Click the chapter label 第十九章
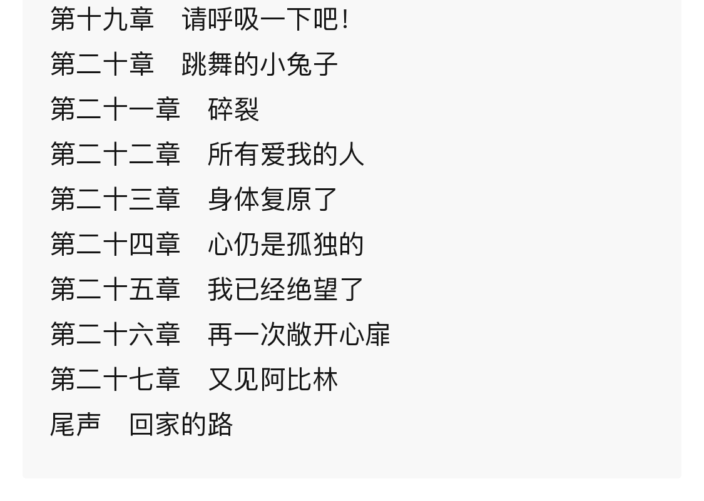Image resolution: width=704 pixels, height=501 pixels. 102,19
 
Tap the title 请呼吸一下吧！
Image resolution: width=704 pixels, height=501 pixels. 265,19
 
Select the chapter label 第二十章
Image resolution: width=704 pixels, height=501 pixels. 102,64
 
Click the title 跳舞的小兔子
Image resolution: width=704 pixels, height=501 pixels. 260,64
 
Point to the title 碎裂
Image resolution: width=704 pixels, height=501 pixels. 233,109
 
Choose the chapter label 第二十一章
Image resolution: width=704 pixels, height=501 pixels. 115,109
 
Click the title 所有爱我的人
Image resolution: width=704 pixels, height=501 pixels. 286,154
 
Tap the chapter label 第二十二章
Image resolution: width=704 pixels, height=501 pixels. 115,154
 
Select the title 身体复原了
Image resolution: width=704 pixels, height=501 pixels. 273,200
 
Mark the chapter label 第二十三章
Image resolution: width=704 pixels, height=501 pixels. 115,200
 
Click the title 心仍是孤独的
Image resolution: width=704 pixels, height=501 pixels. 286,245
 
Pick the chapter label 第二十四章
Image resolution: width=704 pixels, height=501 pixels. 115,245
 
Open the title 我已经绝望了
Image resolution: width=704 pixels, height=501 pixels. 286,290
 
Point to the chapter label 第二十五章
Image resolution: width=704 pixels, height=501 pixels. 115,290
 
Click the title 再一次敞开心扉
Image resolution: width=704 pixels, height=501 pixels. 299,335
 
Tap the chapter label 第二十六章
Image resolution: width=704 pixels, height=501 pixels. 115,335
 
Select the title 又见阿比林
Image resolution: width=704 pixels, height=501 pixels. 273,380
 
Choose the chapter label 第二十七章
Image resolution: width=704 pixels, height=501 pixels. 115,380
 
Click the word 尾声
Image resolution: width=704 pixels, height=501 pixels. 76,425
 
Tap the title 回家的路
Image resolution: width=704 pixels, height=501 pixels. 181,425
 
